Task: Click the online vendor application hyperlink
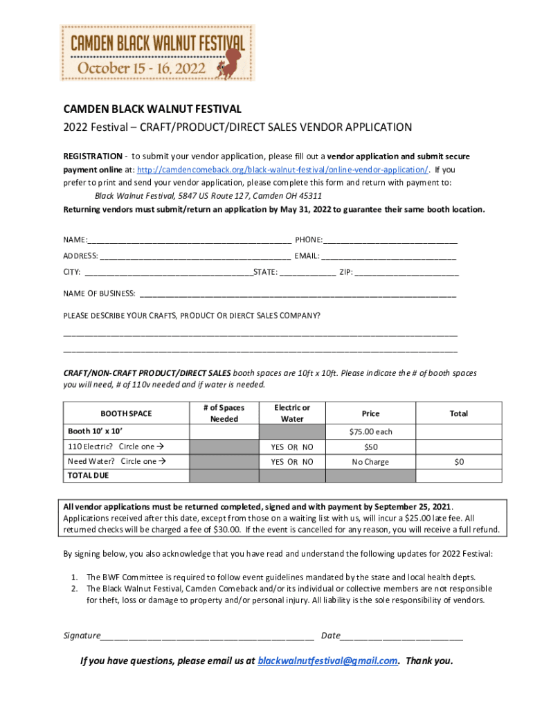point(282,170)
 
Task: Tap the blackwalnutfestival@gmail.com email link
point(327,661)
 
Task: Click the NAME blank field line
point(189,242)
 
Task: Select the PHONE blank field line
point(390,242)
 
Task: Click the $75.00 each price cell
point(370,431)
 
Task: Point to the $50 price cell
point(370,447)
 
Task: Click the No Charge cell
point(370,461)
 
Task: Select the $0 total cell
point(458,461)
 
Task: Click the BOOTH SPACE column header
point(126,413)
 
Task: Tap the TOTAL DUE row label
point(88,476)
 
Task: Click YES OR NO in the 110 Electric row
point(291,447)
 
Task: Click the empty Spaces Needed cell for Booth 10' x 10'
point(224,431)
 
